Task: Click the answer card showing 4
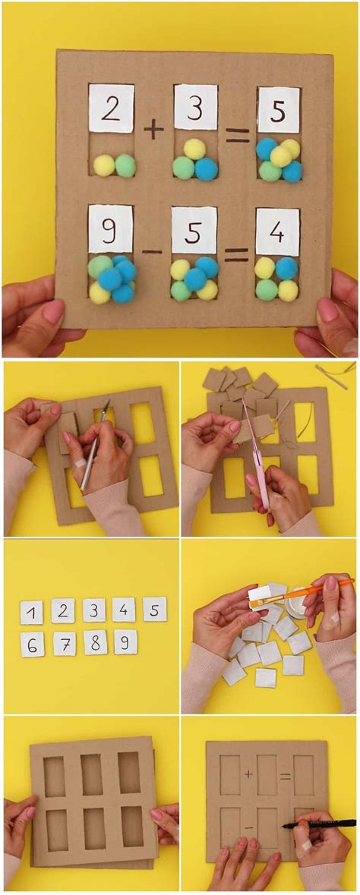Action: click(277, 232)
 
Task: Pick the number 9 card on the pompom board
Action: click(111, 228)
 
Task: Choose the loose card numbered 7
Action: click(65, 644)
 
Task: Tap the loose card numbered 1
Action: click(32, 612)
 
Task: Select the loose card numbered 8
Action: click(95, 643)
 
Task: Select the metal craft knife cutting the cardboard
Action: click(93, 448)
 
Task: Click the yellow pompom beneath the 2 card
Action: click(103, 165)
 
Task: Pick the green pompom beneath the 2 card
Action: click(125, 165)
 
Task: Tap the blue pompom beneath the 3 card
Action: click(206, 169)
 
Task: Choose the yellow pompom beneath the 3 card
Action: click(195, 149)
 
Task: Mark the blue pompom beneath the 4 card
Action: click(286, 268)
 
